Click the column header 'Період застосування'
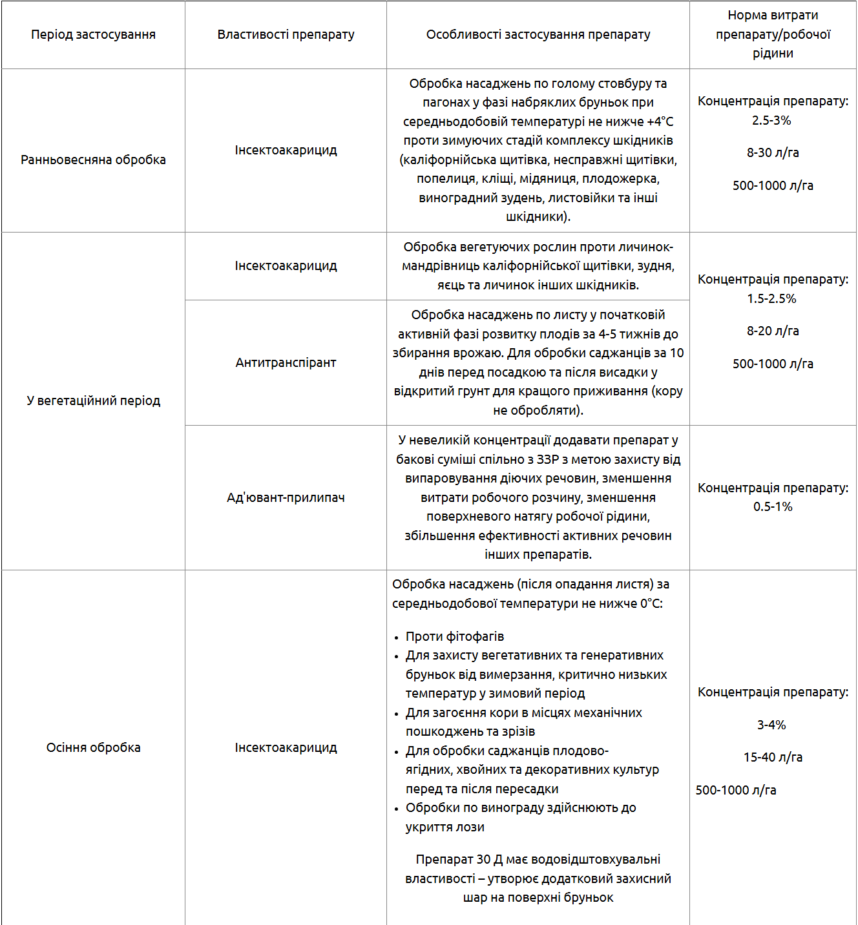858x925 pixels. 93,35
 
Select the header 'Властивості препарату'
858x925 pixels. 286,35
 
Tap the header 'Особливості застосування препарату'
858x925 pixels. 538,35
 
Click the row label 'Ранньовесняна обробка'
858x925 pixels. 93,160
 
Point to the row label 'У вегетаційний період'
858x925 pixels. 93,401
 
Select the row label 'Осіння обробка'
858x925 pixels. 93,748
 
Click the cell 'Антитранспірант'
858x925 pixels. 286,363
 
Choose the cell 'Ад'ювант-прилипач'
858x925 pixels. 286,498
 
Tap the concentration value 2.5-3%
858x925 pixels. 771,121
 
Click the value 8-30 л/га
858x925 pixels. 773,153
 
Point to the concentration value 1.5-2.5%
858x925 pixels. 771,299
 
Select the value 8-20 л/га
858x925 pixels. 773,331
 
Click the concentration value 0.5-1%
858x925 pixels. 773,507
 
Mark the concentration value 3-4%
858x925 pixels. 771,725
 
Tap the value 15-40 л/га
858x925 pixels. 773,758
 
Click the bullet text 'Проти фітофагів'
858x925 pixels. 455,637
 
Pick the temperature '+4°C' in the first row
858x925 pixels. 660,122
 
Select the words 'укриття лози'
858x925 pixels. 445,827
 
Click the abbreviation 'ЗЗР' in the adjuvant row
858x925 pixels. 547,460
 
